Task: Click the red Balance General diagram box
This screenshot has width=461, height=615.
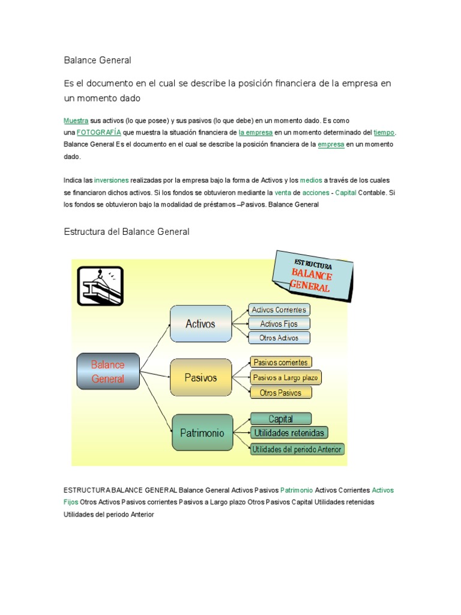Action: pos(108,372)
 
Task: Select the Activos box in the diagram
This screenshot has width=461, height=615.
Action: pos(200,324)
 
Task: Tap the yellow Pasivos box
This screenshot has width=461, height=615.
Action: pos(200,378)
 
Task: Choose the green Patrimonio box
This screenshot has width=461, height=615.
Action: pos(202,432)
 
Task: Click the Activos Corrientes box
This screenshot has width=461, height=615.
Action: pos(279,310)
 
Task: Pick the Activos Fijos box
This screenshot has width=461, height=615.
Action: pos(279,324)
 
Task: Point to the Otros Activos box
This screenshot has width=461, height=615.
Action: pos(279,338)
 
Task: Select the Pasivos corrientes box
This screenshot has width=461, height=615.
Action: pos(280,362)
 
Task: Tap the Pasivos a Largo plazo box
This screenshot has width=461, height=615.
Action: pos(286,378)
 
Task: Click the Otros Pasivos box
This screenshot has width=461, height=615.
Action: pos(281,393)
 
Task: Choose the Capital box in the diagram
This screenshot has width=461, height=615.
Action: pos(280,419)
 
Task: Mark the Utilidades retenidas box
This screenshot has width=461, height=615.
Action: pos(289,432)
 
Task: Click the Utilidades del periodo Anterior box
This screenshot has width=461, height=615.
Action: pos(297,449)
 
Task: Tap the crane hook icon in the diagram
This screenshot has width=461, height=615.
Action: pos(100,286)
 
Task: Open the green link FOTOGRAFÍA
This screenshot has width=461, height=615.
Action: pos(99,132)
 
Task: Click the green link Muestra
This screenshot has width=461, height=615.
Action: pos(76,121)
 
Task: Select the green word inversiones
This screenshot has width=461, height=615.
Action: pos(111,180)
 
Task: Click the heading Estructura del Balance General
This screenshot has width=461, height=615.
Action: pos(126,232)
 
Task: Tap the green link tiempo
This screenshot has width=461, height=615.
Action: pos(384,132)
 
